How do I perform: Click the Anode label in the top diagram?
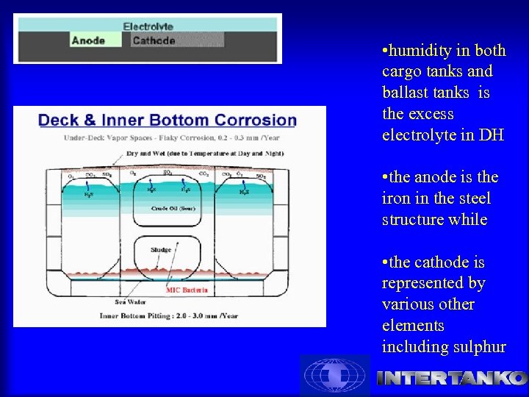[88, 41]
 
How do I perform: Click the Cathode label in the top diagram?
[154, 41]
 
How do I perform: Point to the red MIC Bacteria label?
[187, 290]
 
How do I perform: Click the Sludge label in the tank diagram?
[161, 250]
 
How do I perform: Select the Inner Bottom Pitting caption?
[170, 317]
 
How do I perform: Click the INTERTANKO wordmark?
[451, 378]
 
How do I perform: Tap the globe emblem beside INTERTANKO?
[335, 376]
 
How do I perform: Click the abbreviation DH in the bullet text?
[490, 135]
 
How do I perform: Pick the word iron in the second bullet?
[397, 198]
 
